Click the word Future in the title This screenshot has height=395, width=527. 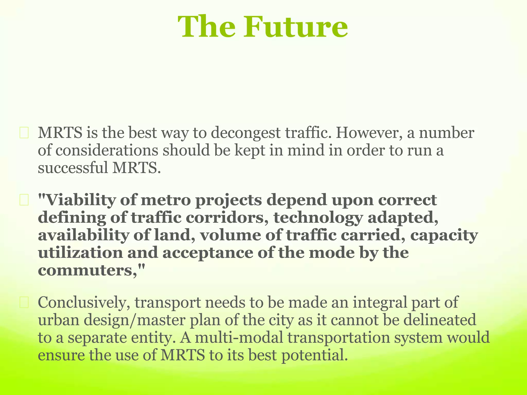pyautogui.click(x=296, y=27)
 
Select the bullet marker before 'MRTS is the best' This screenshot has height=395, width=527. pyautogui.click(x=24, y=134)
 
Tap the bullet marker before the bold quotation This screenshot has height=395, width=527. pyautogui.click(x=24, y=201)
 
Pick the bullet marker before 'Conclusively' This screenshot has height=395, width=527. pyautogui.click(x=24, y=303)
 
